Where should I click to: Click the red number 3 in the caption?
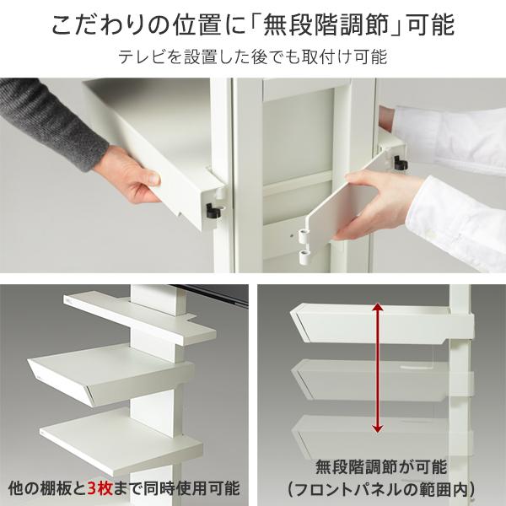pyautogui.click(x=93, y=487)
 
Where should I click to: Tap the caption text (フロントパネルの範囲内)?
pyautogui.click(x=379, y=487)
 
